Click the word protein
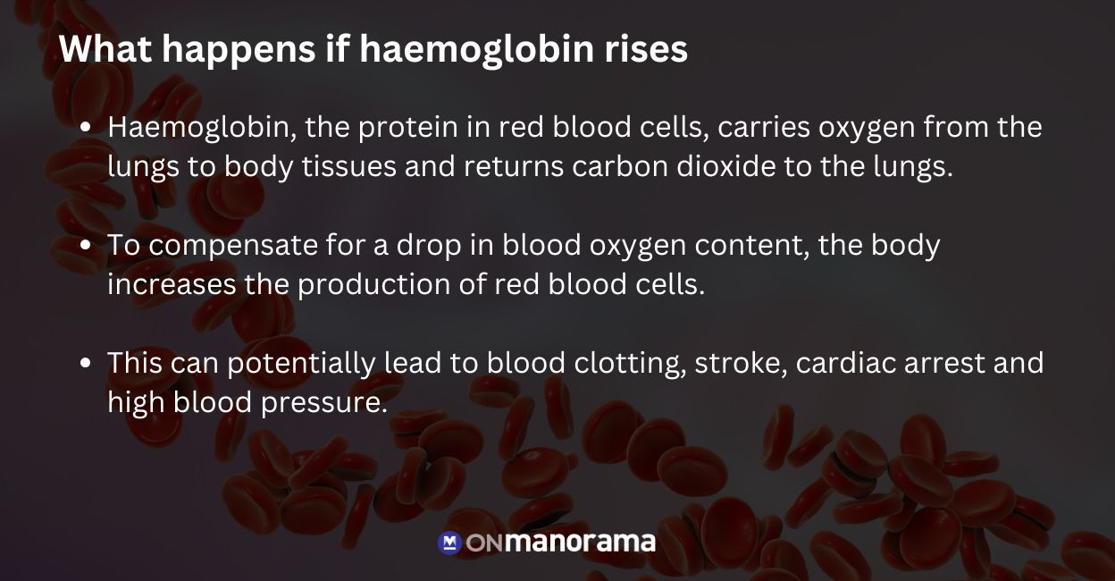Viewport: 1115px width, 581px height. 406,128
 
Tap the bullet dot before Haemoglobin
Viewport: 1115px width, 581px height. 86,128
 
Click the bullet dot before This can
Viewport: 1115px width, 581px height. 86,364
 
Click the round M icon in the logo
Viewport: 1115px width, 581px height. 449,543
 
